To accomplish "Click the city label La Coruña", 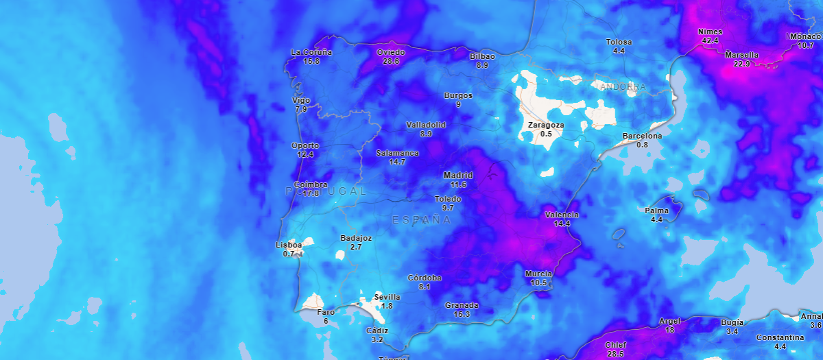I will [311, 52].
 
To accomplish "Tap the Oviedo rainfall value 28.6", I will [391, 61].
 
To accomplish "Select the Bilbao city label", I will [482, 56].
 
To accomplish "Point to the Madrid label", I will [458, 176].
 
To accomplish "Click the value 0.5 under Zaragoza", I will [546, 134].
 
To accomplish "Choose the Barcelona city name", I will [642, 136].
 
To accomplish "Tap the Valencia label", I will [562, 215].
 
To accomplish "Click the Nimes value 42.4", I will [710, 40].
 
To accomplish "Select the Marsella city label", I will [741, 55].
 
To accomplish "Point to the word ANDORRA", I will [623, 87].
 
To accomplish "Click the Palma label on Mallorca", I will [656, 211].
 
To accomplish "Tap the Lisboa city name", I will [288, 245].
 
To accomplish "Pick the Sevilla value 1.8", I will [387, 306].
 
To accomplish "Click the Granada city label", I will [462, 305].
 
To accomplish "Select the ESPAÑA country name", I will [422, 220].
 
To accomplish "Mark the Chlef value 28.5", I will [615, 354].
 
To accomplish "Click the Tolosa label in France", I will [619, 42].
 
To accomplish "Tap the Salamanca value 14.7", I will [397, 162].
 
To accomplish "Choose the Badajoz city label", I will [356, 238].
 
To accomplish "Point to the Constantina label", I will [780, 338].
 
